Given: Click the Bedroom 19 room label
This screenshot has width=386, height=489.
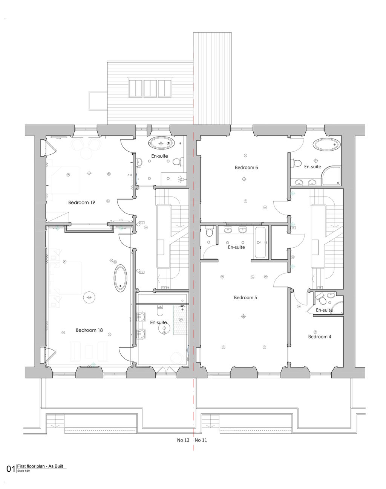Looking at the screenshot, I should point(81,203).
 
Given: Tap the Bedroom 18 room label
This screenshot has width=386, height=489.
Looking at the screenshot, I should point(89,330).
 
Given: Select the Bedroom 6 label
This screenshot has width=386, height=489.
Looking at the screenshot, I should point(246,168).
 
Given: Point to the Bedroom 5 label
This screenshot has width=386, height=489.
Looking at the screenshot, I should point(245,297).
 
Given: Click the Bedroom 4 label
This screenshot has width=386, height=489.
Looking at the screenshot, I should point(320,337).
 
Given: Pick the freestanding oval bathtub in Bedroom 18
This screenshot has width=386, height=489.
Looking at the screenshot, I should point(120,278).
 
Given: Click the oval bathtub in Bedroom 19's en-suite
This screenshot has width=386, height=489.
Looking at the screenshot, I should point(161,143).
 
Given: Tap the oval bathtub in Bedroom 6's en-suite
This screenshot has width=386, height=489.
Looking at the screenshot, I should point(327,144).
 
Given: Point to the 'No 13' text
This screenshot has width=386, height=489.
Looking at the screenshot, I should point(183,440).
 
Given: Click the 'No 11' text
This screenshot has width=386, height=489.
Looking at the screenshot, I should point(201,440).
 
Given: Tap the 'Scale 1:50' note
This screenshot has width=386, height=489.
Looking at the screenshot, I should point(23,471).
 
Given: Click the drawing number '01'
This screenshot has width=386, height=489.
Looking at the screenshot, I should point(11,469).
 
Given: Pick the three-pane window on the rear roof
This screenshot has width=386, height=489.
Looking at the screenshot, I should point(149,88).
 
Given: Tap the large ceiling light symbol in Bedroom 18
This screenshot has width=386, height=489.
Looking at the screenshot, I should point(89,297).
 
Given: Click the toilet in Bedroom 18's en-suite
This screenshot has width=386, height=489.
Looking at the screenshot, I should point(160,312).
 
